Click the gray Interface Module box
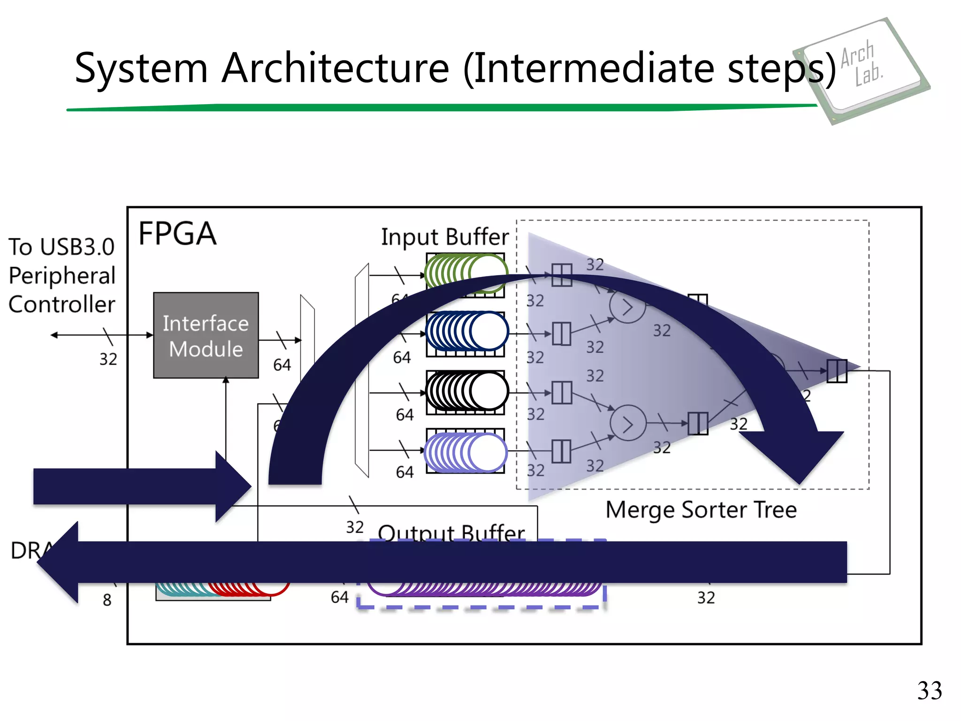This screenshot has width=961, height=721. pos(206,335)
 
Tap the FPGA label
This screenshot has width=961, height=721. pos(177,234)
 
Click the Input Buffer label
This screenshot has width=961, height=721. pos(444,237)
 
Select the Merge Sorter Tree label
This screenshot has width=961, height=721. pos(701,510)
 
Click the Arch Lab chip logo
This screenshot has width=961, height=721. pos(861,70)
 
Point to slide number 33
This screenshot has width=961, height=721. pos(929,690)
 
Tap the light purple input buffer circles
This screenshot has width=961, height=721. pos(465,452)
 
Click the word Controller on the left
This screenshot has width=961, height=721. pos(61,305)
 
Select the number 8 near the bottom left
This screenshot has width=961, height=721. pos(107,600)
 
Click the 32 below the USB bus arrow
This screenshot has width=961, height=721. pos(108,359)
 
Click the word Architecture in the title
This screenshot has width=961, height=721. pos(336,69)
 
